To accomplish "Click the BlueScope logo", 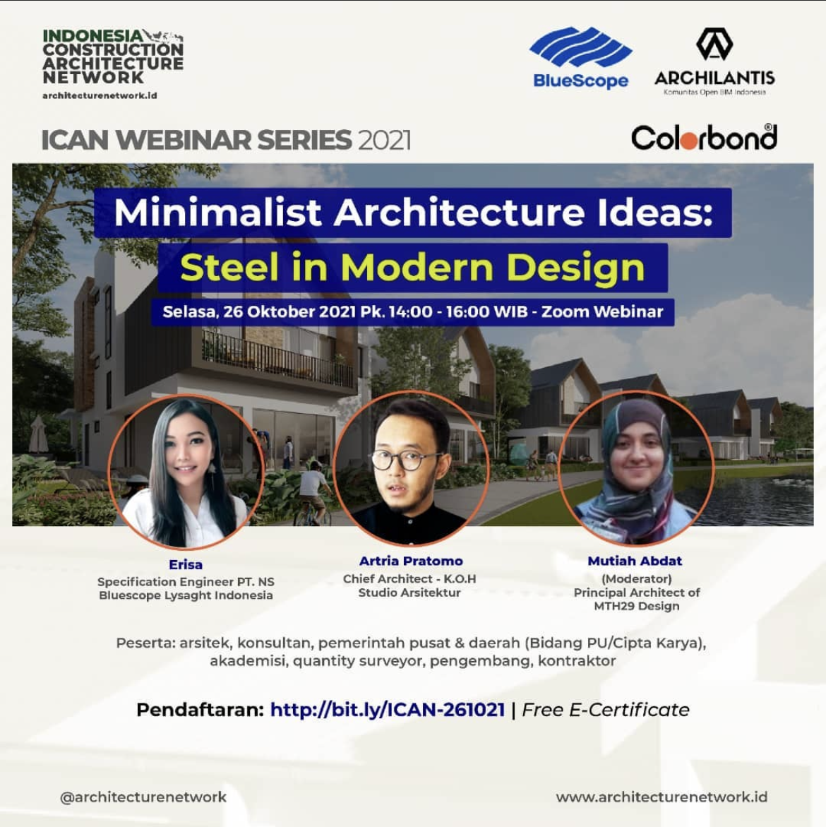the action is (580, 57).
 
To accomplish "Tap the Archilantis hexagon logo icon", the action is (714, 44).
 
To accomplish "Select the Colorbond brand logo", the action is (705, 138).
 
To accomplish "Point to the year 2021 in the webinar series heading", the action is (384, 141).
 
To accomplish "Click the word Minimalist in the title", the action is (217, 213).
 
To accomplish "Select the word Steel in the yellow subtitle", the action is (229, 267).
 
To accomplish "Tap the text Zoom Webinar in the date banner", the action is (602, 311).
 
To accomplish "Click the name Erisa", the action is (186, 565).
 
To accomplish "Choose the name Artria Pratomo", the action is (411, 561).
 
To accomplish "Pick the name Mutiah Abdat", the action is (635, 561).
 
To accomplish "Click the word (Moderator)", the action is (636, 578).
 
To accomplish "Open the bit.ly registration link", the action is (388, 710).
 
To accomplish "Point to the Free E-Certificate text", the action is (606, 710).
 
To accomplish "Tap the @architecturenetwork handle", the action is (143, 797).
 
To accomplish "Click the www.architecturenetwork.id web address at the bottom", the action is (662, 797).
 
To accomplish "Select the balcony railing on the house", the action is (277, 359).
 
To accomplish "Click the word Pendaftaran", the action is (200, 710).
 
